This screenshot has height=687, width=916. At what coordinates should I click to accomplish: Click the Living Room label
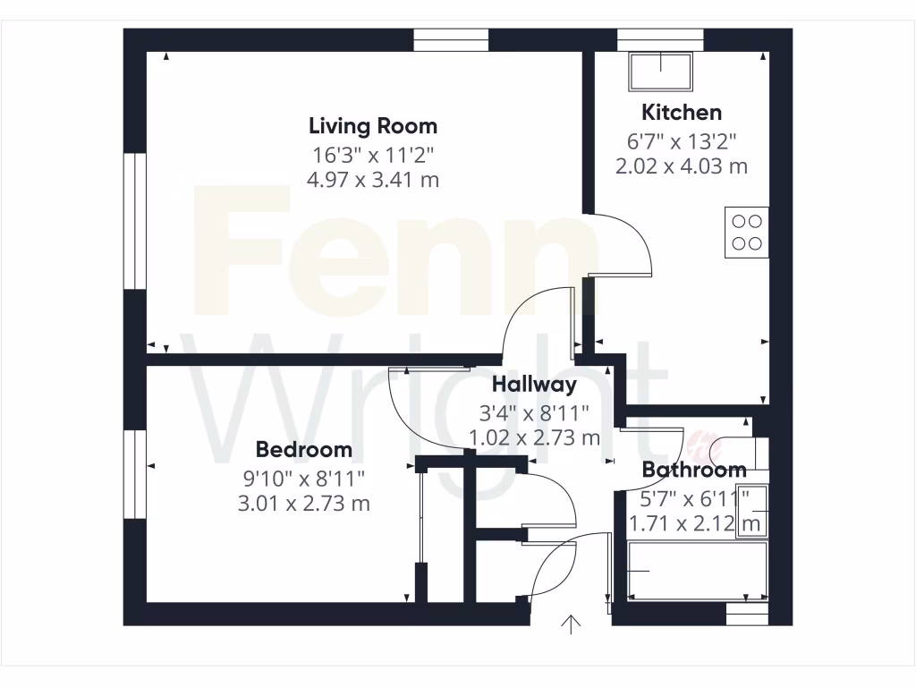click(373, 125)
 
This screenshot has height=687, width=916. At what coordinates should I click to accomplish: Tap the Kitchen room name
click(682, 113)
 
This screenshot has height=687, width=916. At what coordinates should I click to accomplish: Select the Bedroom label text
click(303, 449)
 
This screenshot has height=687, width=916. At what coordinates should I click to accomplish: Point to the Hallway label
click(534, 385)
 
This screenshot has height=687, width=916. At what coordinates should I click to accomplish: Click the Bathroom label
click(694, 470)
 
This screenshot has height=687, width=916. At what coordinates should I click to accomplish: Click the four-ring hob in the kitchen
click(747, 232)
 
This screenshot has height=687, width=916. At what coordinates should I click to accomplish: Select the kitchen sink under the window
click(662, 71)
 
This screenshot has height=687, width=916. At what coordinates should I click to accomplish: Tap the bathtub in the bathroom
click(698, 572)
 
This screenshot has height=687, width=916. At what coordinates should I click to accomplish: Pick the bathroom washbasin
click(750, 514)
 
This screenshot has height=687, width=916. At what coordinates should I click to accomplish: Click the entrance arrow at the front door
click(571, 624)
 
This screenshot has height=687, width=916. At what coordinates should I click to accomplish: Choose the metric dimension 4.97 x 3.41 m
click(373, 180)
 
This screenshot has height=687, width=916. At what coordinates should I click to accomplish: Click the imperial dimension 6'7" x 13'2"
click(682, 140)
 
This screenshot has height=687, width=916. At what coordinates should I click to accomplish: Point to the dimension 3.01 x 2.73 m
click(303, 504)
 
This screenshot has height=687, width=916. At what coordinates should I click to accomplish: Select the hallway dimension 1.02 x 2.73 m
click(534, 438)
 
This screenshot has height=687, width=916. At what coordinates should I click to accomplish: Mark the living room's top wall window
click(451, 40)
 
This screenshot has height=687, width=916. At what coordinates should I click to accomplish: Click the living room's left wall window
click(135, 221)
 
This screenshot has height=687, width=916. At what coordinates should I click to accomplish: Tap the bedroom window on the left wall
click(135, 474)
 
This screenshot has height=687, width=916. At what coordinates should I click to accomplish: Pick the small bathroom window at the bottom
click(747, 615)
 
